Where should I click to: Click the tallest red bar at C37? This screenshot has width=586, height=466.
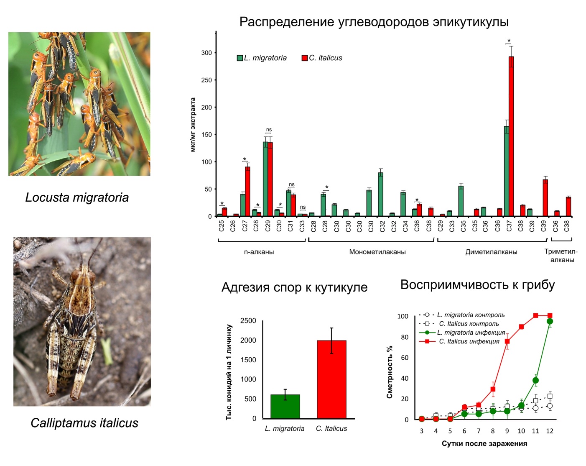511,136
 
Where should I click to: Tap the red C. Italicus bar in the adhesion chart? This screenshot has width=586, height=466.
331,379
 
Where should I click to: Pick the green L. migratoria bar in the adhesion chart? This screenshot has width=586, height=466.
285,406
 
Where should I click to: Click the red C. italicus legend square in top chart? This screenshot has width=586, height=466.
305,58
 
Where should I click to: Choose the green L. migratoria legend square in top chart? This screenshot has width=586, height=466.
240,58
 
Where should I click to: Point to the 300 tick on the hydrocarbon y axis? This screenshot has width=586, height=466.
206,53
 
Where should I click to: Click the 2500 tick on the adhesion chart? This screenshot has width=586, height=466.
248,321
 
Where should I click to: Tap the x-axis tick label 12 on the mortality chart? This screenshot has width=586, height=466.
550,431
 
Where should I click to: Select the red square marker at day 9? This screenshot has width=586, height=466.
507,341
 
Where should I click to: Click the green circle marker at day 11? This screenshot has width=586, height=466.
535,380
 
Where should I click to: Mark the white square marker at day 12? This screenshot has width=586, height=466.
550,396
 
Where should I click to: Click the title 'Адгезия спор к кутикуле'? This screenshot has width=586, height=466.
294,287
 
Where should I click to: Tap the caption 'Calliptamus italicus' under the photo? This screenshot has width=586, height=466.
84,423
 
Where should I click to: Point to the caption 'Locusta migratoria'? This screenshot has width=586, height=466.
77,197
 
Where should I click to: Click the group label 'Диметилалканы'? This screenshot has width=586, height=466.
491,252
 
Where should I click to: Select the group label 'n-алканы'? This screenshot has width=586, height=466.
259,252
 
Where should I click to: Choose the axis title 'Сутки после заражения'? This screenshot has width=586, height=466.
484,443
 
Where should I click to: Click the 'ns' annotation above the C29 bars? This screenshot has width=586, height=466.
269,130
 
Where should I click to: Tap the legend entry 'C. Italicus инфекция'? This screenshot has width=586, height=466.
469,341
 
